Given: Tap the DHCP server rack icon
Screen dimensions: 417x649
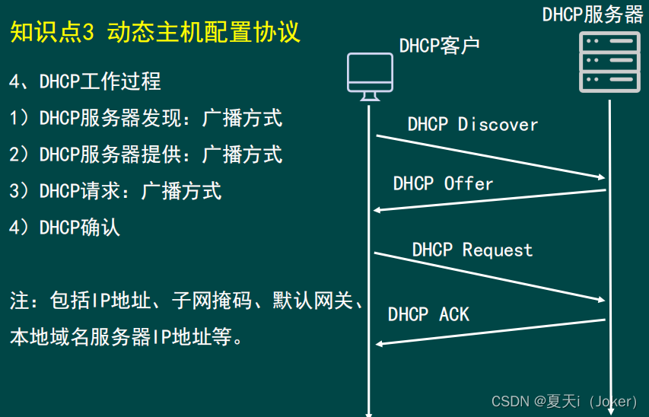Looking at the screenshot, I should [x=610, y=62].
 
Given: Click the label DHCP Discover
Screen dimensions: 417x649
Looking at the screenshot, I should [x=472, y=124].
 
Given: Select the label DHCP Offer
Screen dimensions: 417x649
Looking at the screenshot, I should [x=443, y=183].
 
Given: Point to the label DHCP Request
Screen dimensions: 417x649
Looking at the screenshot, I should [x=472, y=250].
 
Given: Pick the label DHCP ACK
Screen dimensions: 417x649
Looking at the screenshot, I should [x=428, y=314].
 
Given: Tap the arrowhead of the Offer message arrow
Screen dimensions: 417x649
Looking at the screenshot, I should [x=378, y=209].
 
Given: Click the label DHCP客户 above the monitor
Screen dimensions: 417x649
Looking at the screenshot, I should [x=439, y=45].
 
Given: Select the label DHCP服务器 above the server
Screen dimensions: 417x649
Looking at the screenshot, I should [x=593, y=14].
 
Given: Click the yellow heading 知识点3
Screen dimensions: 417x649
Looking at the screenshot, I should [x=52, y=32].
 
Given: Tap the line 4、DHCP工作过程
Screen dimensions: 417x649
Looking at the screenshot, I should [x=85, y=81].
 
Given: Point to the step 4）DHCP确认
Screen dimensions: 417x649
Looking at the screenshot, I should [x=65, y=228].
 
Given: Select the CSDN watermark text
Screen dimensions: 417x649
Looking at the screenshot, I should [x=564, y=401].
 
